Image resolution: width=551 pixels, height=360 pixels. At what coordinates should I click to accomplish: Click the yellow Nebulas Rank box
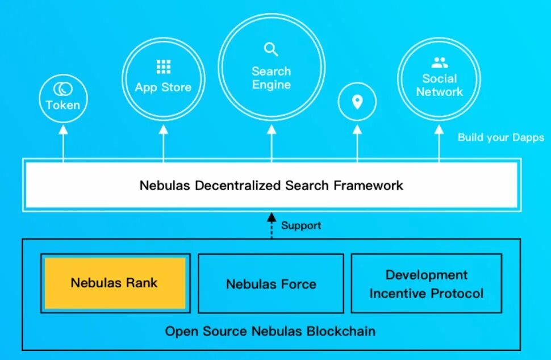pyautogui.click(x=115, y=283)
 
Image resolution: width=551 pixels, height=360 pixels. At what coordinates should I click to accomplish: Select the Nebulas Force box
pyautogui.click(x=271, y=283)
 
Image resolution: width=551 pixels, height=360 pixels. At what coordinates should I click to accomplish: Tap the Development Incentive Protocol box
pyautogui.click(x=426, y=283)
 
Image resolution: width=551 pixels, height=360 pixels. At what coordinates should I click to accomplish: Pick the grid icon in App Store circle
pyautogui.click(x=164, y=67)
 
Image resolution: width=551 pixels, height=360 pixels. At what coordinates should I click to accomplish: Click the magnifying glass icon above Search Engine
pyautogui.click(x=272, y=49)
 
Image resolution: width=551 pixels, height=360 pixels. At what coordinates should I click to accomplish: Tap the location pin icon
pyautogui.click(x=357, y=102)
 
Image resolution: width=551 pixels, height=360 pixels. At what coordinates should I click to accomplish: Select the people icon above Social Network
pyautogui.click(x=439, y=62)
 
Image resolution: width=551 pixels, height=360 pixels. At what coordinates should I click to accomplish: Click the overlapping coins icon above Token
pyautogui.click(x=62, y=89)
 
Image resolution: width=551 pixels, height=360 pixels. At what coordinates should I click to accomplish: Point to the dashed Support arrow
pyautogui.click(x=272, y=225)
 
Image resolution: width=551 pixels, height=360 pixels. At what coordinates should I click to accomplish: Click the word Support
pyautogui.click(x=301, y=225)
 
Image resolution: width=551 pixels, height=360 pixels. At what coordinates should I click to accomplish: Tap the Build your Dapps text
pyautogui.click(x=500, y=137)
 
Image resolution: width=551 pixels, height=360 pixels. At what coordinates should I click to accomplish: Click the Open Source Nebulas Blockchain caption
pyautogui.click(x=270, y=330)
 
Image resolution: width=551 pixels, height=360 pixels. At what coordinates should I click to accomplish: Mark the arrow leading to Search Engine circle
pyautogui.click(x=272, y=142)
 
